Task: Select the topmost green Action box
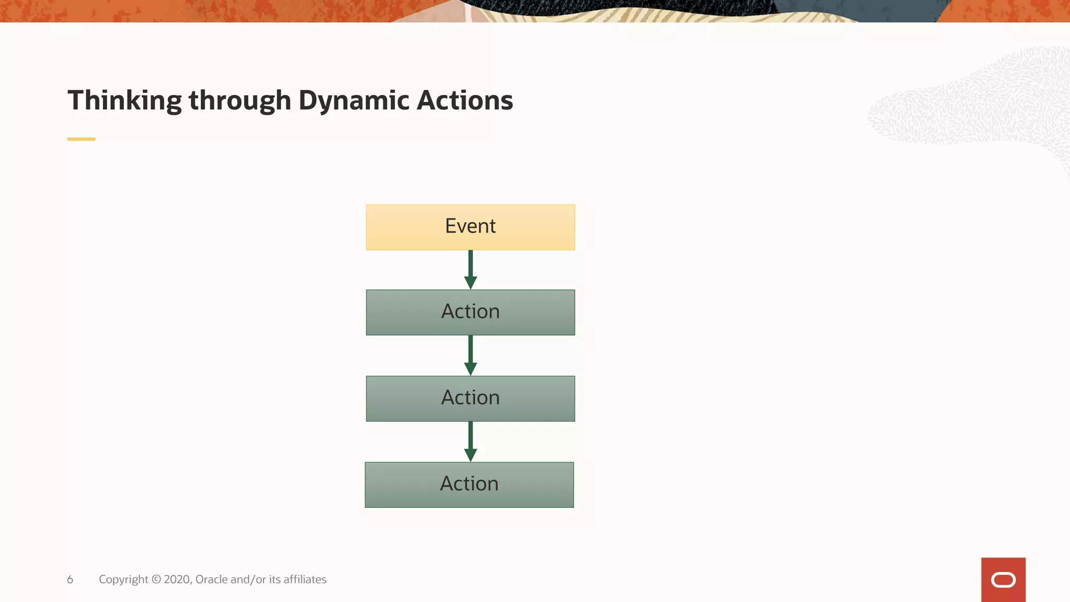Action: pos(470,312)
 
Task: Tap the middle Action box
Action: pos(470,399)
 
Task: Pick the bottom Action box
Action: pos(469,485)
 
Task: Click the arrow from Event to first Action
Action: pos(470,269)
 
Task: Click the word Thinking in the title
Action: pos(124,100)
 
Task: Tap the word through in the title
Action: pos(239,100)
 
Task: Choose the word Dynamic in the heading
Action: pos(354,100)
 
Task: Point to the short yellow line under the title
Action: pos(81,139)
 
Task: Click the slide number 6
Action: pos(70,580)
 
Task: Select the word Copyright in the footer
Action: pos(123,580)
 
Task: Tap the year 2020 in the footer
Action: pos(177,580)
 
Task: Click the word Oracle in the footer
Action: pos(211,580)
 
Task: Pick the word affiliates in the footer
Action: pos(305,580)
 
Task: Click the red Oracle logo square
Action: pos(1003,580)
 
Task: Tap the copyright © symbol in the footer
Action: pos(156,580)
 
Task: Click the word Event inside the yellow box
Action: pos(470,226)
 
